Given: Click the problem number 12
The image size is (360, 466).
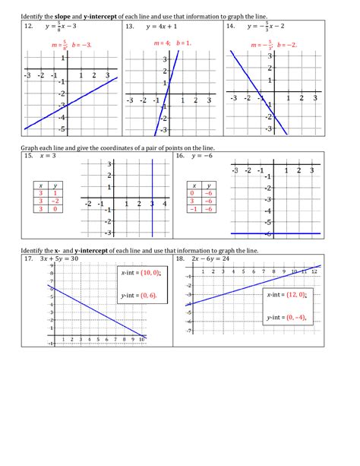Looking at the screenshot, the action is [28, 26].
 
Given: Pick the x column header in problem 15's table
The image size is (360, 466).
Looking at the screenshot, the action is [39, 185].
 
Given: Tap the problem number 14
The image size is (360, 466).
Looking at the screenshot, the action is [230, 26].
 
